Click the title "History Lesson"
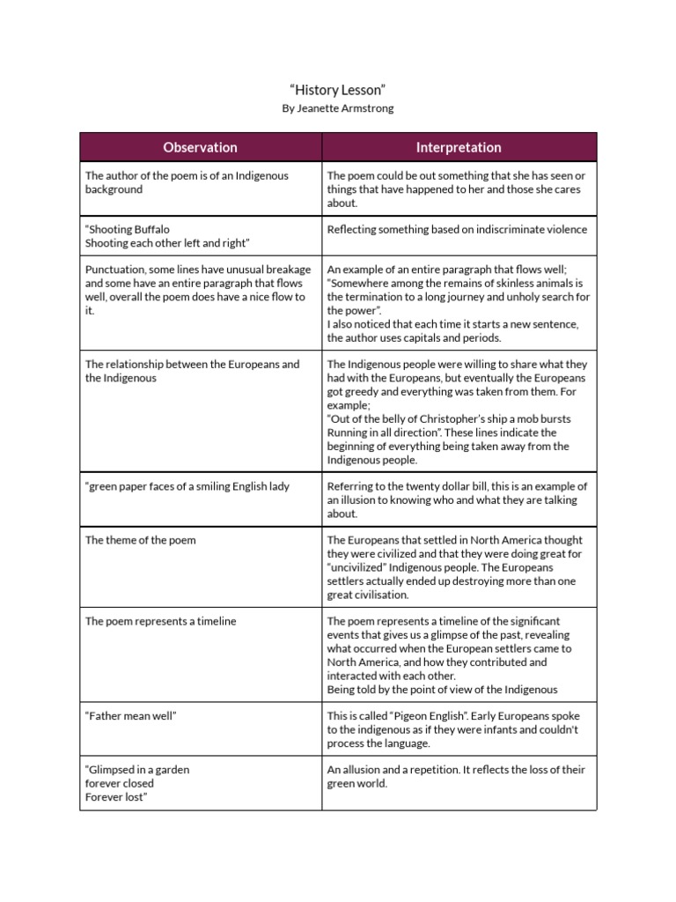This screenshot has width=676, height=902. (x=338, y=90)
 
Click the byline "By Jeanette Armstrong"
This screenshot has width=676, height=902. (x=338, y=108)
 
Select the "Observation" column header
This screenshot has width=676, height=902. (x=201, y=147)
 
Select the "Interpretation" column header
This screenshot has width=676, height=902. (x=459, y=147)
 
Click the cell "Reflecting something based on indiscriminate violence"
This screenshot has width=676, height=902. (x=457, y=230)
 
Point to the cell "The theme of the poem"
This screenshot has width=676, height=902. (x=128, y=540)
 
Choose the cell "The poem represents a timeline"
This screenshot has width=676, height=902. (x=148, y=621)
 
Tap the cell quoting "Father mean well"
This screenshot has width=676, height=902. (x=131, y=716)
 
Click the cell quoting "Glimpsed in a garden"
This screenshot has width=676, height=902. (x=136, y=783)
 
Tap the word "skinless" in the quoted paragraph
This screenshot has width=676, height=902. (x=503, y=284)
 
